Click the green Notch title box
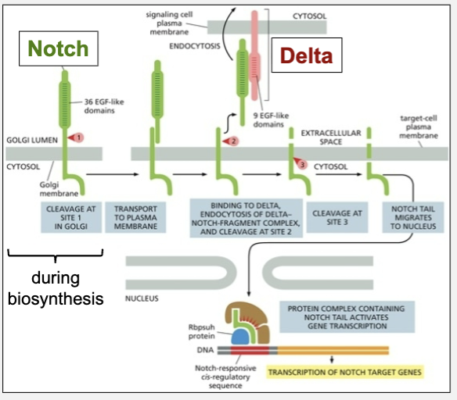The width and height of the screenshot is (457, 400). point(54,49)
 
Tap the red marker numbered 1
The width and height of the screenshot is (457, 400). point(77,137)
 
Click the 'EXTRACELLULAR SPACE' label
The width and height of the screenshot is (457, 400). point(336,137)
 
